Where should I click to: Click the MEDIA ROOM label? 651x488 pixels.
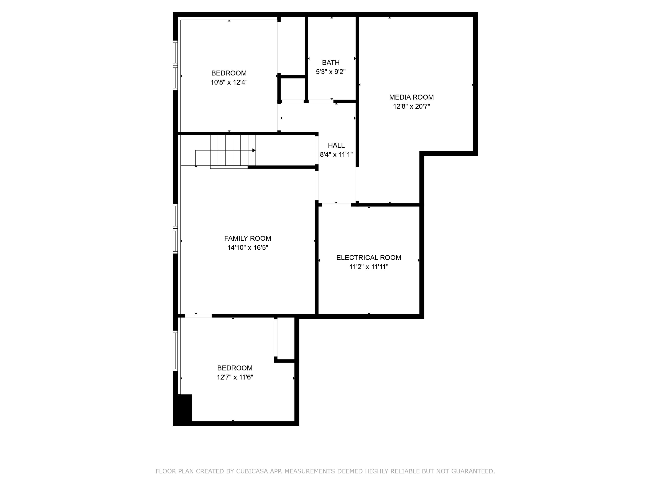tap(411, 97)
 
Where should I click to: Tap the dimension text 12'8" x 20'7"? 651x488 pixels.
tap(411, 106)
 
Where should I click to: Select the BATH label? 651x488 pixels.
tap(330, 62)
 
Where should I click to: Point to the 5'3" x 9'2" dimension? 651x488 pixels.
tap(330, 72)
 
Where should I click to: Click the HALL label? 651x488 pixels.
tap(336, 145)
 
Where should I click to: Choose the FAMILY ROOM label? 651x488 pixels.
tap(248, 238)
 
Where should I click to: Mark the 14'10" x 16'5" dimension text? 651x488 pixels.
tap(248, 248)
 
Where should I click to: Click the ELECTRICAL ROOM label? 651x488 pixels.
tap(368, 258)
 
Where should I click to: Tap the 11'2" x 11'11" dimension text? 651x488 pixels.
tap(368, 267)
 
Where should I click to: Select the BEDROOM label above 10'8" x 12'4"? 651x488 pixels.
tap(229, 73)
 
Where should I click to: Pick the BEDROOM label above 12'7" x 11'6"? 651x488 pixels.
tap(235, 368)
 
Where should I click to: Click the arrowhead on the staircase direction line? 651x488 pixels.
tap(254, 150)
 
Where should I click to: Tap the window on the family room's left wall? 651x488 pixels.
tap(175, 228)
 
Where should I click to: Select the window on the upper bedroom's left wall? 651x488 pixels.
tap(175, 65)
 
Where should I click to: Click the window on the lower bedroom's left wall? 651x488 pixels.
tap(175, 351)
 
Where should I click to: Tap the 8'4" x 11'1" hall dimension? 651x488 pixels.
tap(336, 155)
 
